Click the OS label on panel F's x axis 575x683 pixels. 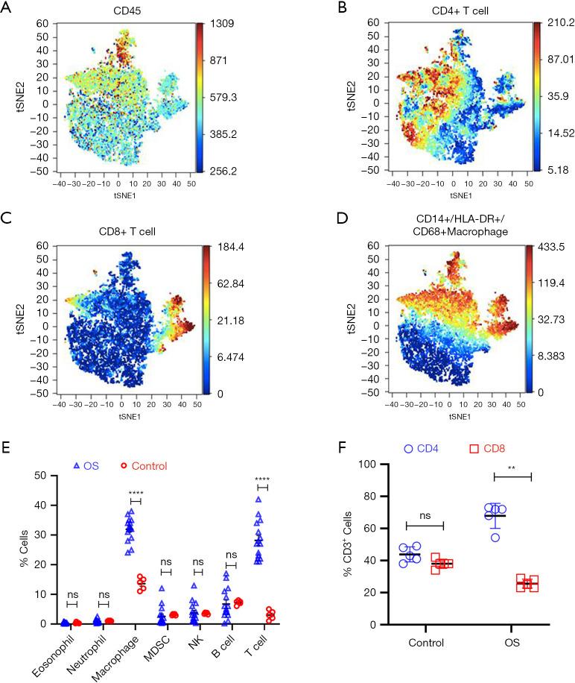pos(510,641)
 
